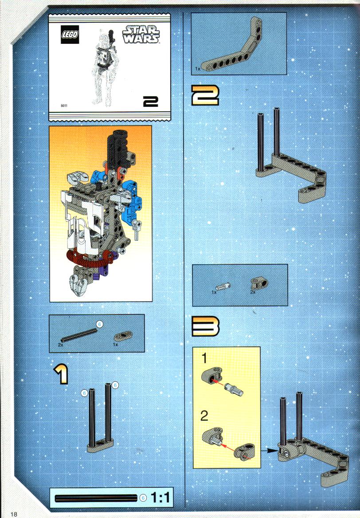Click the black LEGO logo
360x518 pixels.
[x=70, y=34]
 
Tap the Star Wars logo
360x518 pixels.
[x=141, y=34]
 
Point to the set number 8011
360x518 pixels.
[x=64, y=106]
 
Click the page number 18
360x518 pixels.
[x=14, y=514]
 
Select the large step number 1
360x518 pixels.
[x=62, y=374]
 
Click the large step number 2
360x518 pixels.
[x=205, y=95]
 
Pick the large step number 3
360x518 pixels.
[x=205, y=326]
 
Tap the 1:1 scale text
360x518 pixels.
[x=160, y=497]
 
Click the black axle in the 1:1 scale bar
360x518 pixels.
[x=96, y=498]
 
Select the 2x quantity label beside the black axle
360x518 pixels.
[x=60, y=345]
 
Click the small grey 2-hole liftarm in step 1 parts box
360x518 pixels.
[x=123, y=336]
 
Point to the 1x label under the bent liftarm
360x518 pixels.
[x=197, y=69]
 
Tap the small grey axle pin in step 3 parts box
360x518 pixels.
[x=223, y=286]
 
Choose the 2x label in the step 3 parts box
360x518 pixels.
[x=253, y=292]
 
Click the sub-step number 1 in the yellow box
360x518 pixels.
[x=204, y=358]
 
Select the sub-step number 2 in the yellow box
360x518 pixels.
[x=204, y=416]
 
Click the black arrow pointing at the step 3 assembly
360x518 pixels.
[x=269, y=450]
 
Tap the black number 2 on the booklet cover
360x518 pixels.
[x=151, y=102]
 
